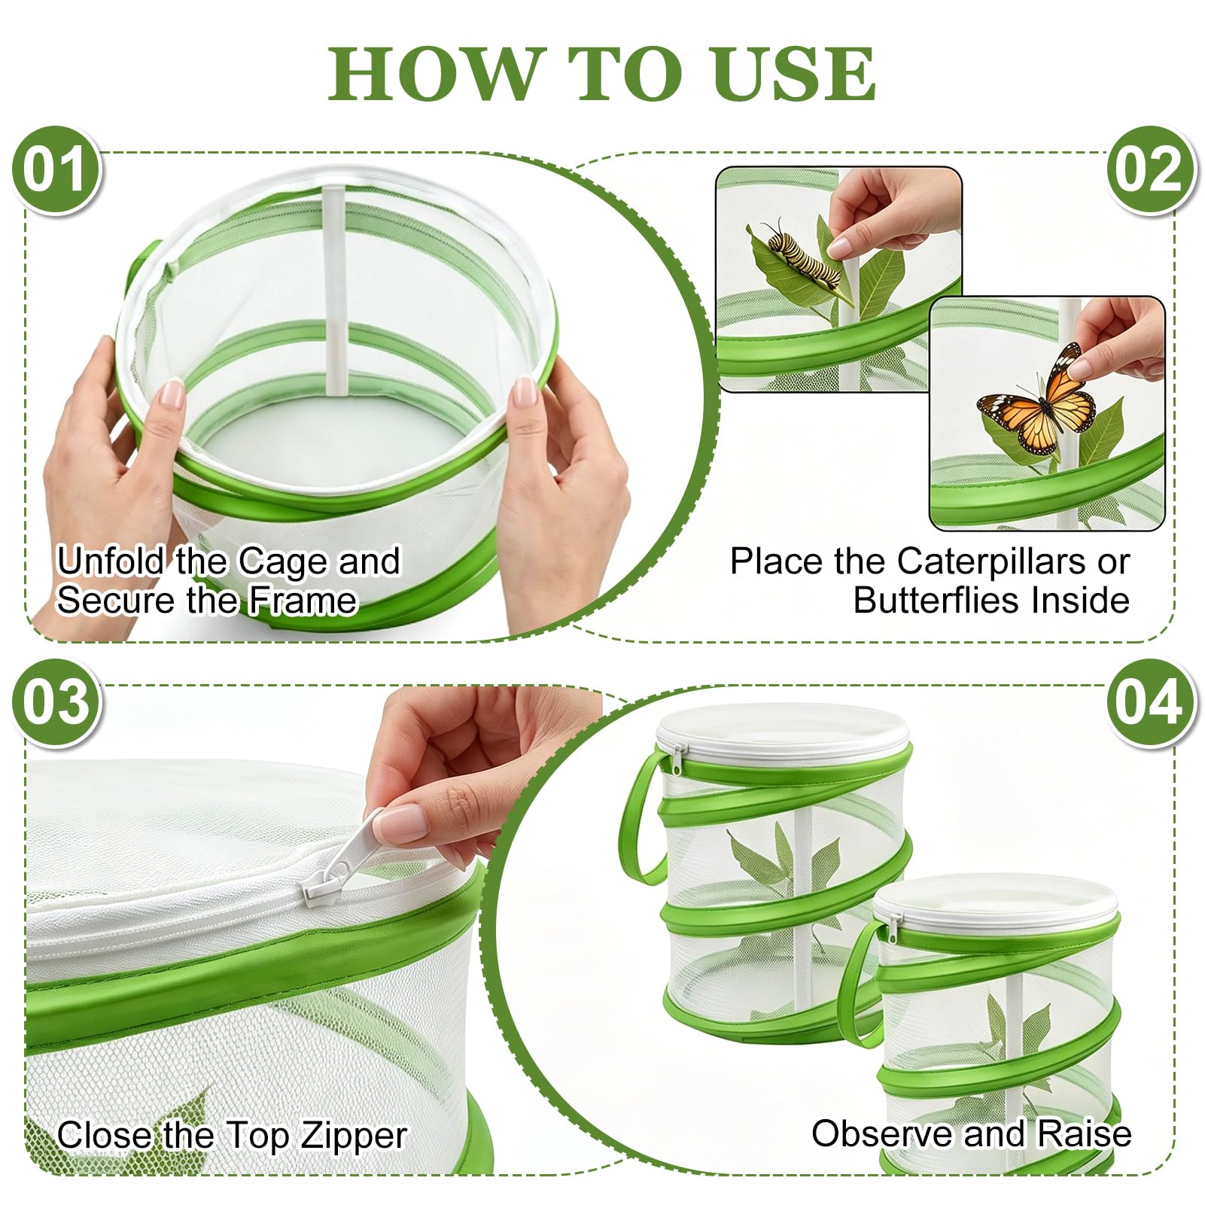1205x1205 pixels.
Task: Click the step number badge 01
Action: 56,170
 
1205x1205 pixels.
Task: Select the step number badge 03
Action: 56,702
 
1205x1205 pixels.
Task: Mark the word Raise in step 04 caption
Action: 1085,1133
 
